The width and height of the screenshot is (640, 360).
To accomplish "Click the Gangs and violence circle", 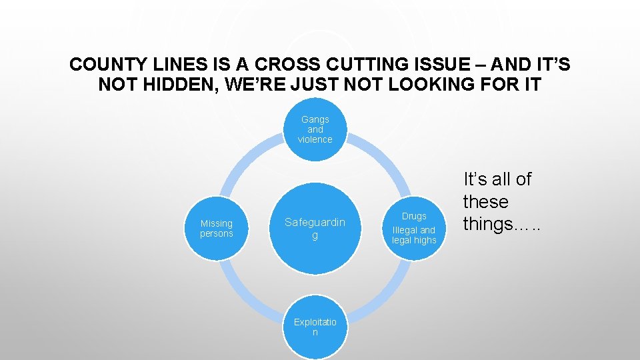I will point(315,129).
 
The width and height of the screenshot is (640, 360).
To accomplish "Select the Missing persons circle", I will point(217,229).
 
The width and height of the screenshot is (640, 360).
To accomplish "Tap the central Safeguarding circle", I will point(315,229).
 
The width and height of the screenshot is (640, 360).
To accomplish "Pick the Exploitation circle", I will point(315,327).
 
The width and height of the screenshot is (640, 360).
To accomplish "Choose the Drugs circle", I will point(414,229).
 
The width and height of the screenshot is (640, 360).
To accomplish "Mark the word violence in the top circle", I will point(315,139).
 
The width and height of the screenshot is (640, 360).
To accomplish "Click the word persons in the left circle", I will point(217,234).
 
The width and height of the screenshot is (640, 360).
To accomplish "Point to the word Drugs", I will point(414,216).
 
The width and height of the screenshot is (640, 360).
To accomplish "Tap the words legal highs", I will point(414,240).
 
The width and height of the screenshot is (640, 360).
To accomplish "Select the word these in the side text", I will point(485,201).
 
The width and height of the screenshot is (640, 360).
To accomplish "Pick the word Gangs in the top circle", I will point(315,119).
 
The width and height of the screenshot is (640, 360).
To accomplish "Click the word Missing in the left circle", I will point(217,223).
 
